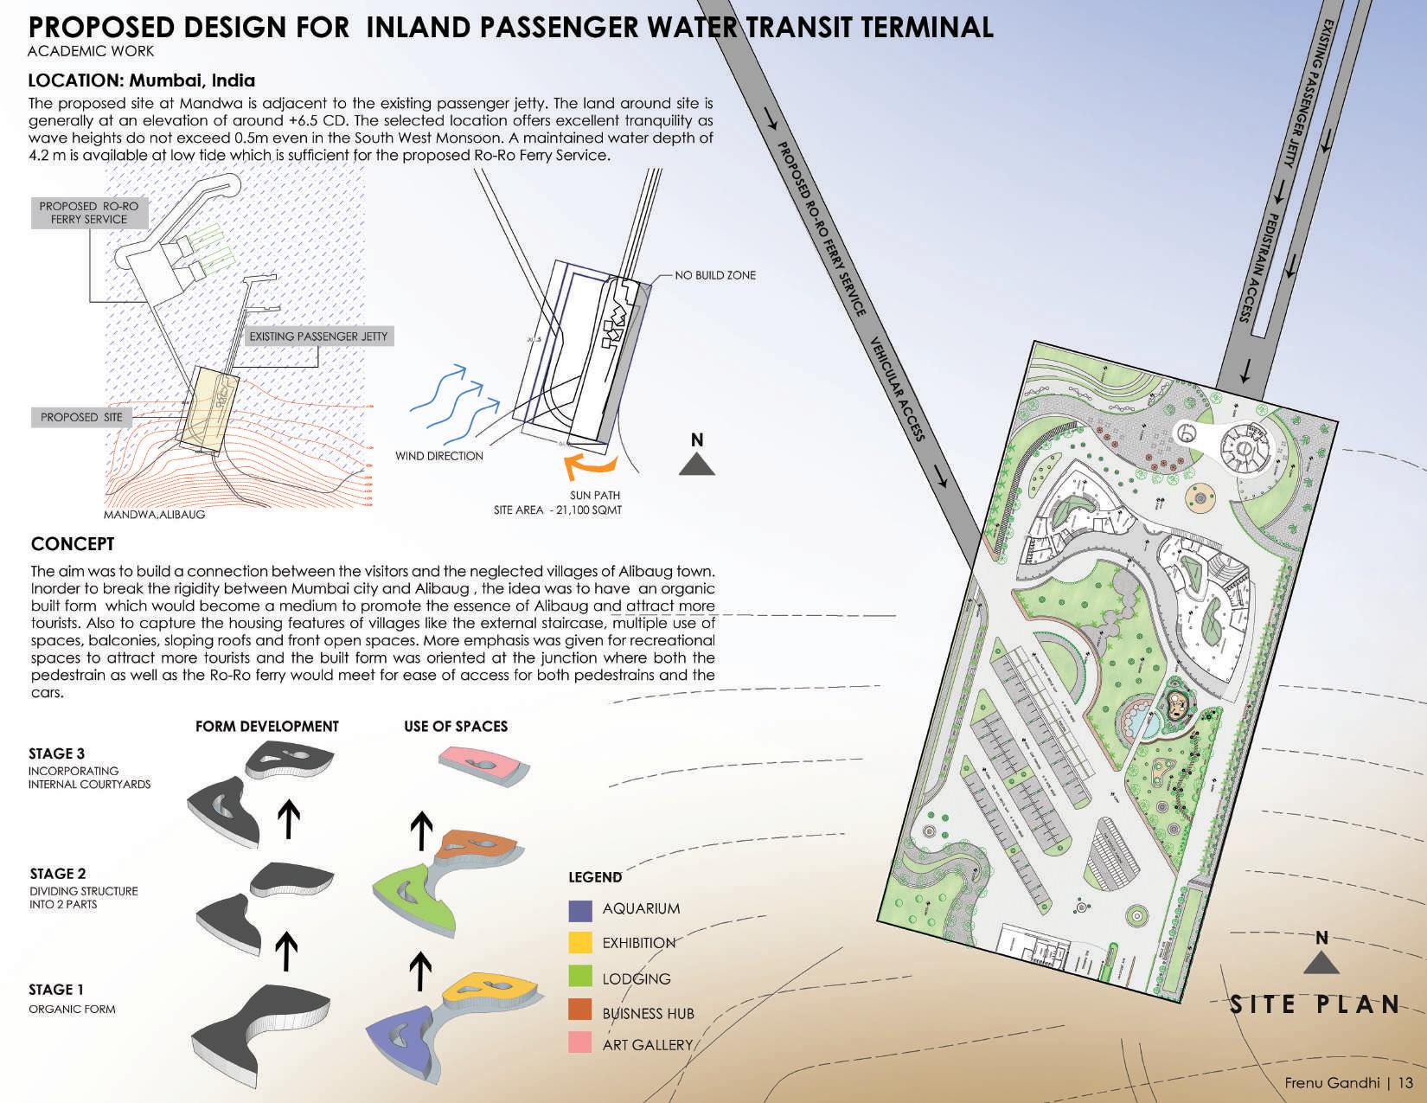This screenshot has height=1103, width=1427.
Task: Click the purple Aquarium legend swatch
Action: click(580, 910)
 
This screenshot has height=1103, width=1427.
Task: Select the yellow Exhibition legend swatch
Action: click(580, 943)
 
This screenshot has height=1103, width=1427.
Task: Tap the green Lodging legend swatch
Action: click(580, 977)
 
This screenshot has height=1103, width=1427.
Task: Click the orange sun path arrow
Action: click(589, 468)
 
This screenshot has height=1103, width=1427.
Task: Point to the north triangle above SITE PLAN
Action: click(1321, 963)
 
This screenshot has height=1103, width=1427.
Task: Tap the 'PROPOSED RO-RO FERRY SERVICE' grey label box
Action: click(88, 213)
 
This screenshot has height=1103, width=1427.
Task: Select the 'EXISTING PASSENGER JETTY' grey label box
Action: click(318, 337)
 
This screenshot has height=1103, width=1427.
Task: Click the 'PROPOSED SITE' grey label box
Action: click(81, 417)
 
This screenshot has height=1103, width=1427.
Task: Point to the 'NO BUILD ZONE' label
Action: click(715, 275)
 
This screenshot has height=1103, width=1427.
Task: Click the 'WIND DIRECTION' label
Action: click(439, 456)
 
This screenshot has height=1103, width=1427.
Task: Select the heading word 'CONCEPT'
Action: click(73, 544)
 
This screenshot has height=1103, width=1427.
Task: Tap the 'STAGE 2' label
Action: click(58, 874)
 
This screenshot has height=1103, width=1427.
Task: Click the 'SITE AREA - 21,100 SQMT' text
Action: click(558, 510)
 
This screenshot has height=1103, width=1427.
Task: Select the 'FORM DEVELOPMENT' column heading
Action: click(267, 727)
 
